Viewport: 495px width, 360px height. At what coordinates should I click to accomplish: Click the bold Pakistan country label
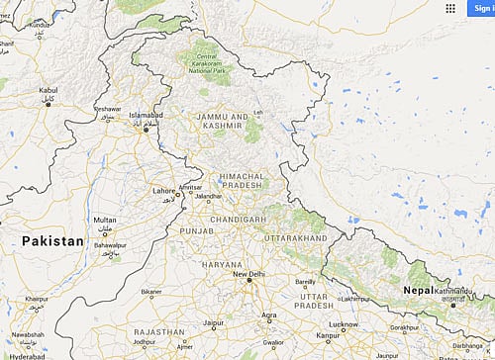tap(49, 240)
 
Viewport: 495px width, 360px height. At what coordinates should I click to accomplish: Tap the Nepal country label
tap(423, 290)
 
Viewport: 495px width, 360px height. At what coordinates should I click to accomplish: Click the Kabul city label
tap(49, 91)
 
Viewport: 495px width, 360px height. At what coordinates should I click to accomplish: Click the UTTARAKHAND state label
tap(294, 239)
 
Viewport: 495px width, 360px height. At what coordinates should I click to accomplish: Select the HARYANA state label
tap(222, 264)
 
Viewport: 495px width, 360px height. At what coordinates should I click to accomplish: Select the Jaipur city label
tap(214, 323)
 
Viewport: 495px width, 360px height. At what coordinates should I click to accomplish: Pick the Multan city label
tap(104, 219)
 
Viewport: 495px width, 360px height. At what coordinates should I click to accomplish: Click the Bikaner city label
tap(151, 293)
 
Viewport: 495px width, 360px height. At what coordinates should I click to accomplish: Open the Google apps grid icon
tap(450, 8)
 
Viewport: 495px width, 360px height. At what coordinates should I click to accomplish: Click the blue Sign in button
tap(480, 8)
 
